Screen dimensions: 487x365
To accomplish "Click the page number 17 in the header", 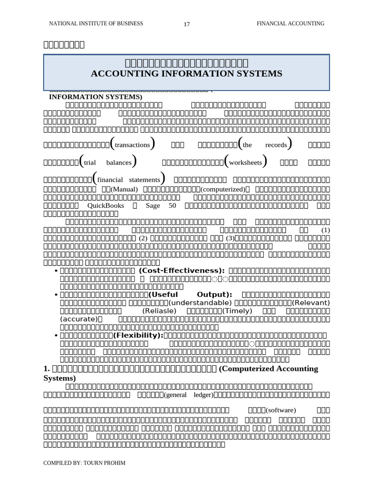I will click(186, 25).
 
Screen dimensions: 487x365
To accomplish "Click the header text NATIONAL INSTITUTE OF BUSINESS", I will click(89, 23).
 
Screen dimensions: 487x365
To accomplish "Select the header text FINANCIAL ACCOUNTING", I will click(290, 23).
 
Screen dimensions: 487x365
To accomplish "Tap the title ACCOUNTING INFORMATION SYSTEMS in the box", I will click(186, 73).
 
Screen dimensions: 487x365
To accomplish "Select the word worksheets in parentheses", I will click(245, 162).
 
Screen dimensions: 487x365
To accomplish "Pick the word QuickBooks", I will click(106, 205).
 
